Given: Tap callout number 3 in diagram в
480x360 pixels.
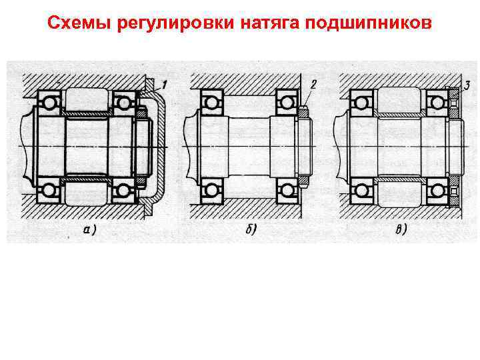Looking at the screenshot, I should point(468,84).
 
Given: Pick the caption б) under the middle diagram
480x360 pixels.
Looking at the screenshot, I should point(253,230).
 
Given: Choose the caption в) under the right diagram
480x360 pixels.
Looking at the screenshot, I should point(401,230).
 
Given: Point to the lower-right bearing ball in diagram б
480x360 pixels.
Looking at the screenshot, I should point(286,191).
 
